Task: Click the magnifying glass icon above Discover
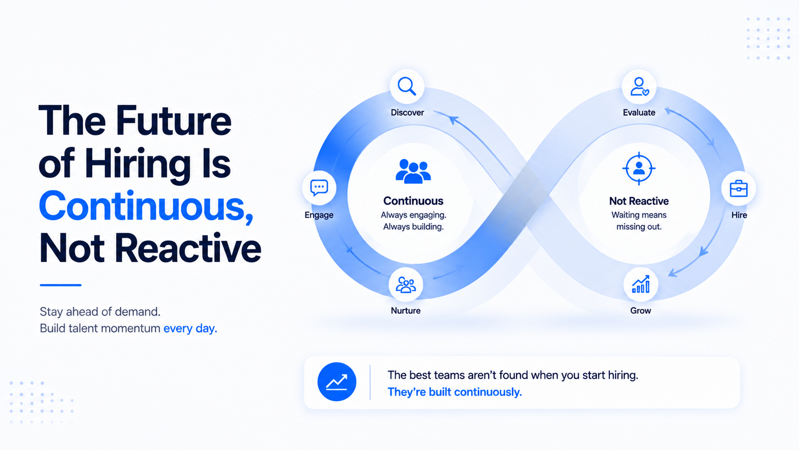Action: tap(407, 87)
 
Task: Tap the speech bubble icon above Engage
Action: tap(319, 188)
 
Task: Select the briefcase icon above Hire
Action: tap(738, 188)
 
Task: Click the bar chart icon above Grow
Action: tap(641, 284)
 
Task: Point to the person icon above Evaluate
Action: tap(639, 87)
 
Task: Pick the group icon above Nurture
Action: tap(406, 285)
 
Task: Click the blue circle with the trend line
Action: tap(337, 382)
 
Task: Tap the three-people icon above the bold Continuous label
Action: tap(413, 171)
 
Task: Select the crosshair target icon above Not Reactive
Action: tap(639, 168)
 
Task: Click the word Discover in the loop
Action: tap(407, 113)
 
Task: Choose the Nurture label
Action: tap(406, 310)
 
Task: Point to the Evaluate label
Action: tap(639, 113)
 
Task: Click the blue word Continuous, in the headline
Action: tap(146, 206)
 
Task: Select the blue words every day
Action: tap(190, 329)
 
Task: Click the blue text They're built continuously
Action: tap(454, 392)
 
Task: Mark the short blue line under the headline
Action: tap(61, 285)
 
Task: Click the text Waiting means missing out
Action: tap(639, 221)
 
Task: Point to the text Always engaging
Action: tap(413, 215)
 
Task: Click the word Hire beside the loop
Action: tap(739, 215)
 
